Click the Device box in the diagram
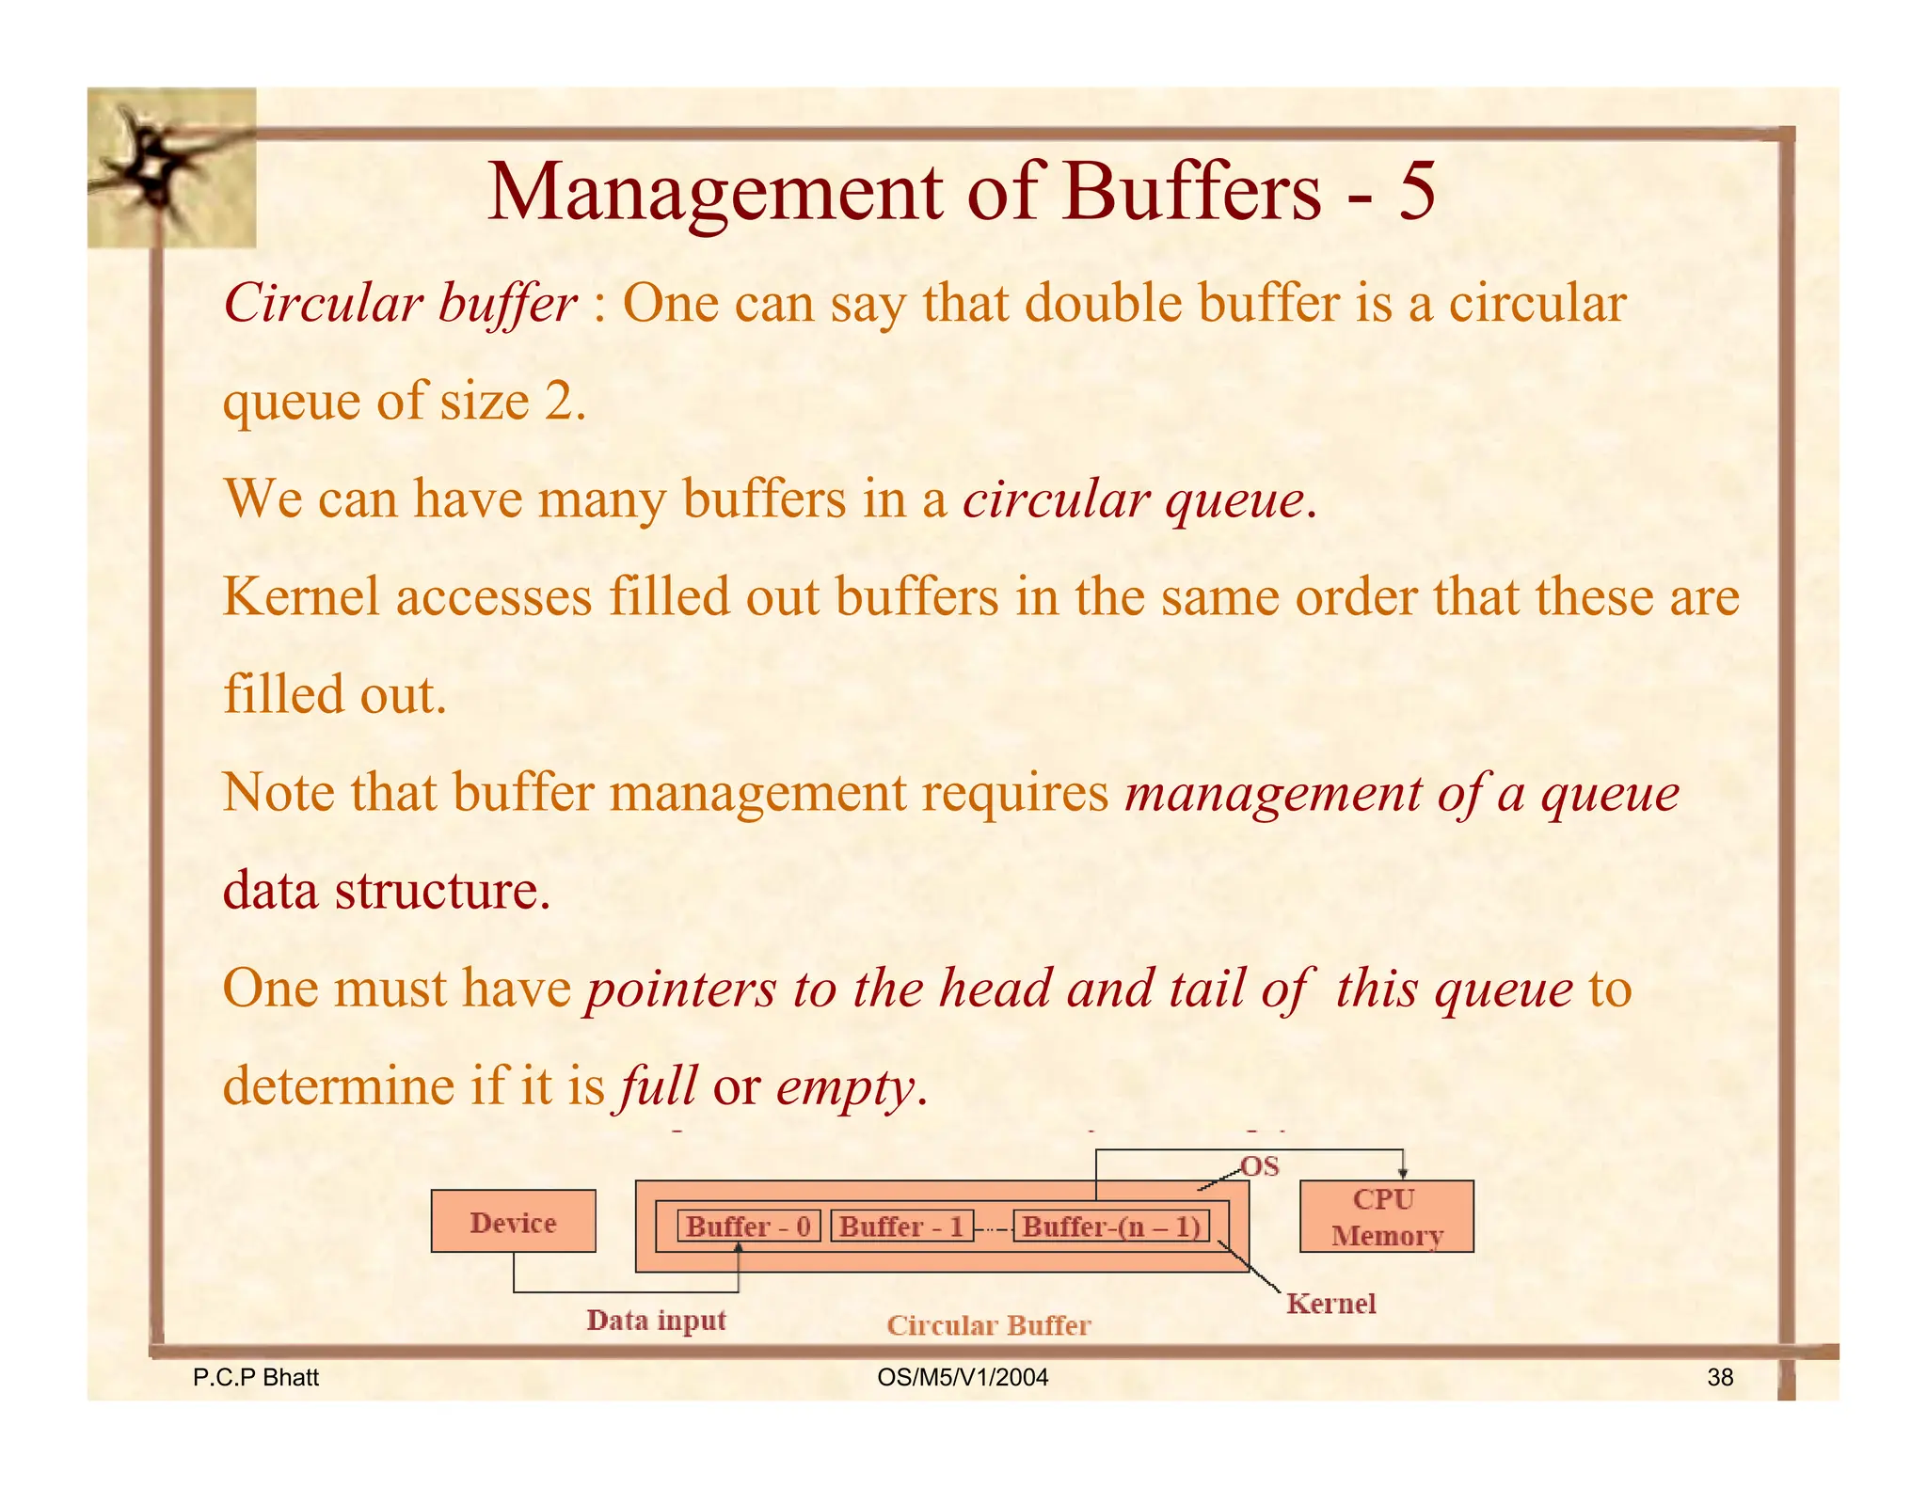point(513,1221)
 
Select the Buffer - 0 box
point(749,1226)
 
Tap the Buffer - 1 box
point(901,1226)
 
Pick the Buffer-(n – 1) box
point(1111,1226)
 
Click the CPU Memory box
point(1386,1216)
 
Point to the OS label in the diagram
point(1260,1166)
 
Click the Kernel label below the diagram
point(1330,1303)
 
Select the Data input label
point(656,1320)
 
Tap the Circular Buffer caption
point(988,1324)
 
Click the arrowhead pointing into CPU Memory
point(1403,1172)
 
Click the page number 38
point(1720,1377)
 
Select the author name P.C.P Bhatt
point(255,1377)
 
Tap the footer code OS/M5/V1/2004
point(962,1377)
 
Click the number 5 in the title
point(1416,191)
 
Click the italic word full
point(657,1086)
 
